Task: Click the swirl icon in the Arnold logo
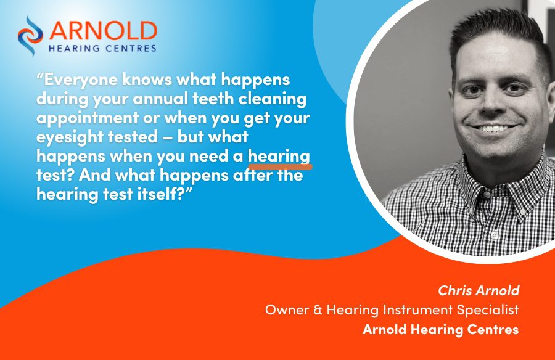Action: click(30, 35)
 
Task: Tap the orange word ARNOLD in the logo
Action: click(103, 31)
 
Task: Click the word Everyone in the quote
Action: click(77, 80)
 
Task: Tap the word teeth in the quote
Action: click(213, 99)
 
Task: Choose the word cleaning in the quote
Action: click(273, 99)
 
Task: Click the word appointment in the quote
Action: click(88, 118)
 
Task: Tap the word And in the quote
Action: click(94, 175)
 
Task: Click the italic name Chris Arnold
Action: click(479, 290)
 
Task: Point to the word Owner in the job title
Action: click(287, 310)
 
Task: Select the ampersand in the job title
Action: click(318, 310)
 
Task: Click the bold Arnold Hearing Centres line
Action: click(441, 330)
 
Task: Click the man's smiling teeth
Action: click(492, 128)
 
